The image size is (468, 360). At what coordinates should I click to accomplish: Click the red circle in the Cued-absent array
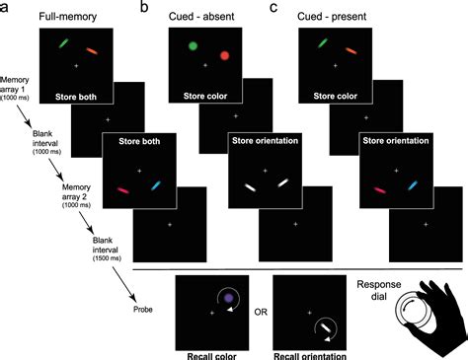click(224, 57)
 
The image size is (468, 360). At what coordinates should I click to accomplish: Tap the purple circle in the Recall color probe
click(229, 297)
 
